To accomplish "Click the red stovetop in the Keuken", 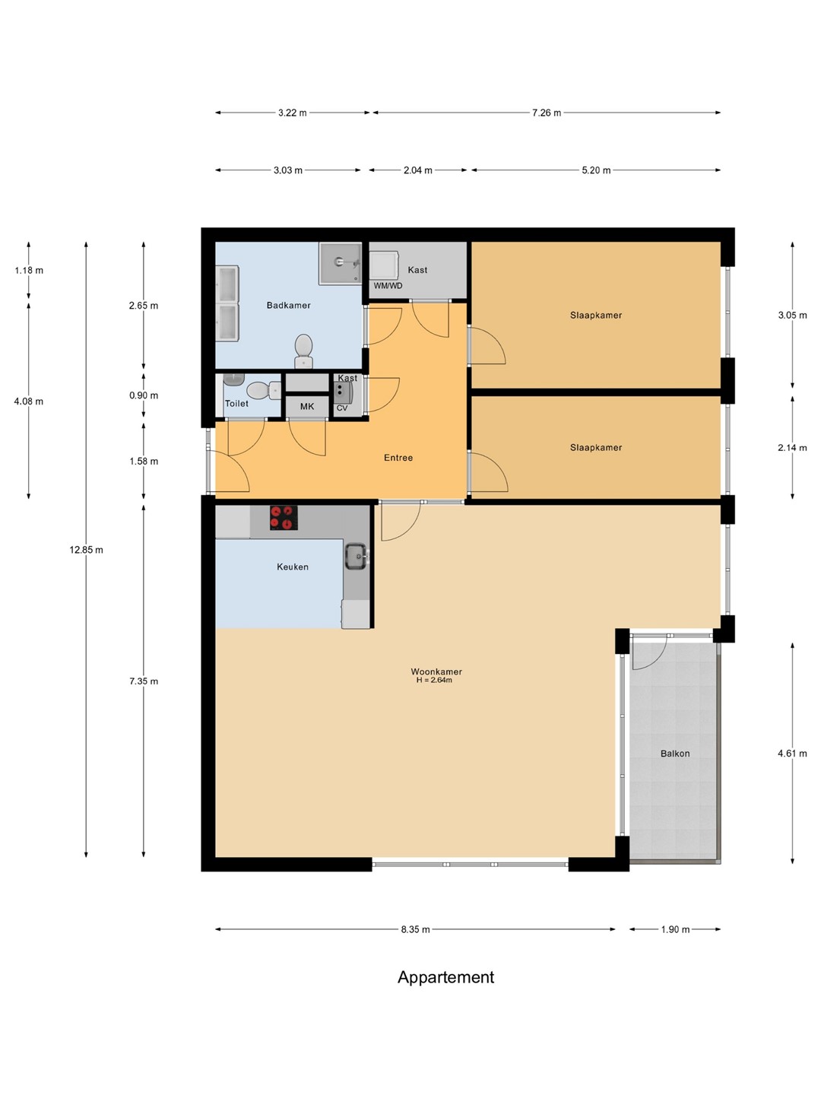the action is coord(284,517).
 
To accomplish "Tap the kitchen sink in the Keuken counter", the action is coord(357,556).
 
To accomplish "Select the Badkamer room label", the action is coord(289,305).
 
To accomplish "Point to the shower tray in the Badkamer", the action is coord(341,263).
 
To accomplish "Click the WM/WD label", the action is coord(388,286).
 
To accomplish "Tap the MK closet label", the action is coord(307,407).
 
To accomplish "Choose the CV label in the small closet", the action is coord(342,408).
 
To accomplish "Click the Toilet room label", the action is coord(236,403).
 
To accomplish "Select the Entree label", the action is coord(398,458).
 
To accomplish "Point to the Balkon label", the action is coord(676,754).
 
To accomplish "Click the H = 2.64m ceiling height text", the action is coord(434,680).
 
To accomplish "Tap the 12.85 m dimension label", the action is coord(86,550).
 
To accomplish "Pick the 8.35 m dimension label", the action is coord(415,929).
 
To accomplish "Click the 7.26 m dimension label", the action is coord(547,113).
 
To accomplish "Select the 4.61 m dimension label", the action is coord(792,754).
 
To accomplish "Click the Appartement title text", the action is coord(445,977).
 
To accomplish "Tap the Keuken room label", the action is coord(293,567).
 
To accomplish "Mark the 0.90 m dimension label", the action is coord(144,395).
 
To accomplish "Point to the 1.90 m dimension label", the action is coord(676,929).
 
